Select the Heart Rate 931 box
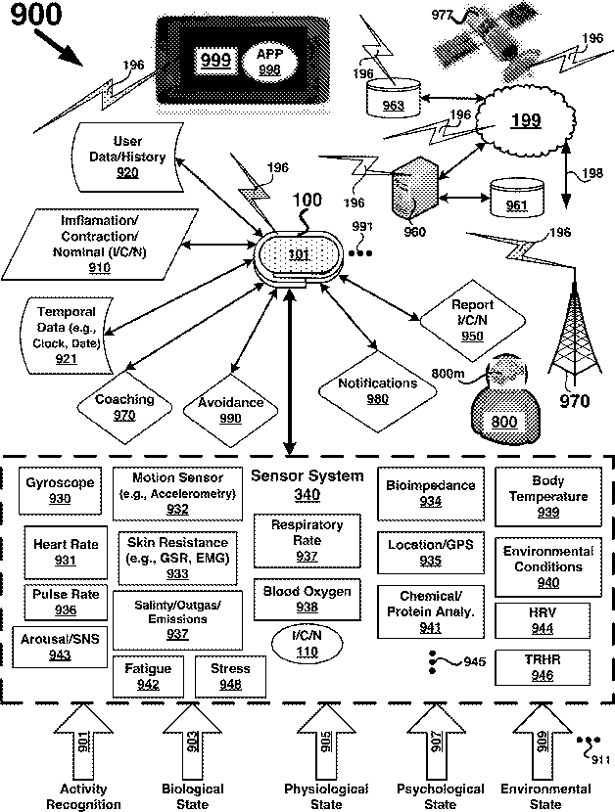coord(61,552)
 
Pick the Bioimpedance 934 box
coord(431,493)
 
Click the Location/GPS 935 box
coord(430,553)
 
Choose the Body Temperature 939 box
coord(547,496)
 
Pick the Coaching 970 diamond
coord(124,407)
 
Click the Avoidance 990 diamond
coord(231,409)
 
